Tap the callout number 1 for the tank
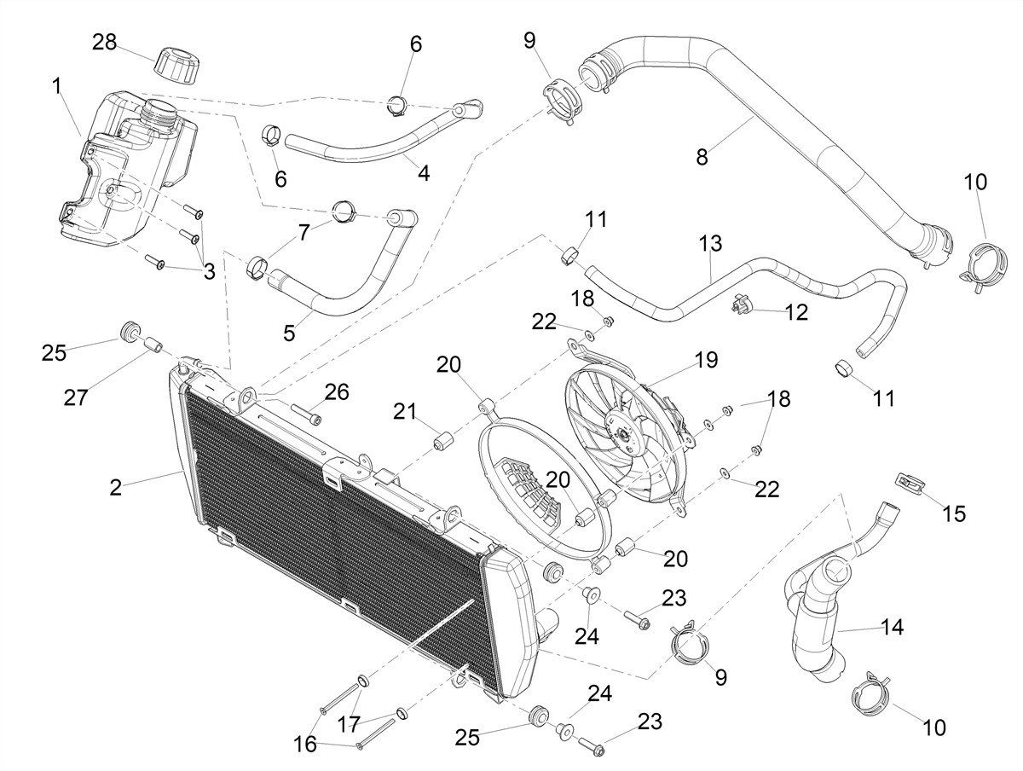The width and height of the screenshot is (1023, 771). pyautogui.click(x=57, y=86)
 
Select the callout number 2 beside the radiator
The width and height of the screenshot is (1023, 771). pyautogui.click(x=116, y=488)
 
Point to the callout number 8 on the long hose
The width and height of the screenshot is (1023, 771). pyautogui.click(x=702, y=157)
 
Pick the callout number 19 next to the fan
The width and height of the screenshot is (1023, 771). pyautogui.click(x=706, y=360)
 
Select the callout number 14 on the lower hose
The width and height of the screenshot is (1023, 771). pyautogui.click(x=892, y=627)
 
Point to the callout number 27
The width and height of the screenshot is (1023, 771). pyautogui.click(x=76, y=397)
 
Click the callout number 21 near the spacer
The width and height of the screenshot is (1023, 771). pyautogui.click(x=405, y=412)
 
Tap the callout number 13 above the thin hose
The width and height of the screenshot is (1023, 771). pyautogui.click(x=711, y=243)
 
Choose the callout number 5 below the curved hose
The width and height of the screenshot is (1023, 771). pyautogui.click(x=289, y=333)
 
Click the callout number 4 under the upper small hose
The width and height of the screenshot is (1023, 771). pyautogui.click(x=423, y=173)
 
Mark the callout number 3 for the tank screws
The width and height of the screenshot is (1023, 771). pyautogui.click(x=209, y=271)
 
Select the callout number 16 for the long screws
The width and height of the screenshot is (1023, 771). pyautogui.click(x=305, y=745)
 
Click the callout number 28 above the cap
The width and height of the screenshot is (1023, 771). pyautogui.click(x=104, y=43)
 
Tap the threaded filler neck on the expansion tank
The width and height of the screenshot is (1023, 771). pyautogui.click(x=161, y=115)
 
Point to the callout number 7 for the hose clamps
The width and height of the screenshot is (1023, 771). pyautogui.click(x=303, y=232)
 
